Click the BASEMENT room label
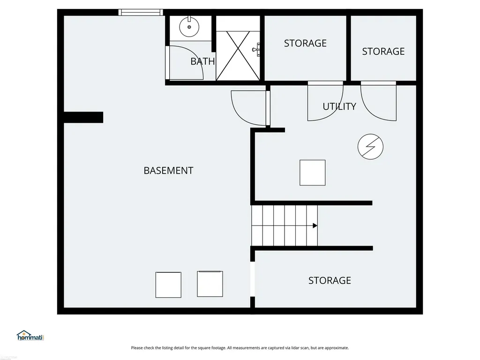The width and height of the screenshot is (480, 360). click(168, 171)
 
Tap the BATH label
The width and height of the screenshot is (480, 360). click(202, 61)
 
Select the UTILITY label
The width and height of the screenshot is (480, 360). click(339, 106)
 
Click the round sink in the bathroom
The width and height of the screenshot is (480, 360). click(189, 27)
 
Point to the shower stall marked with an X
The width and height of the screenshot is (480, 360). click(238, 56)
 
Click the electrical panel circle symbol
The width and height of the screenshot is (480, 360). click(370, 147)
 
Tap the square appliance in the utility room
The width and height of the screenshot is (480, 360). click(312, 172)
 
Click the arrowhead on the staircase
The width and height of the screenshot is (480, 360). click(315, 225)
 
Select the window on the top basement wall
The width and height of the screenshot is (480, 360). click(141, 12)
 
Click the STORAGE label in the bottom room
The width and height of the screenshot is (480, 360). click(330, 280)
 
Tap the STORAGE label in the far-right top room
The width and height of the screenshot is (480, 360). click(383, 52)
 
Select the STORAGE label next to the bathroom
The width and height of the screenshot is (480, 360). click(305, 44)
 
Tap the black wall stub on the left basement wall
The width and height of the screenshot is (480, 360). click(83, 117)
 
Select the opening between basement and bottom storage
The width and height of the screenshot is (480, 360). click(253, 279)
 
